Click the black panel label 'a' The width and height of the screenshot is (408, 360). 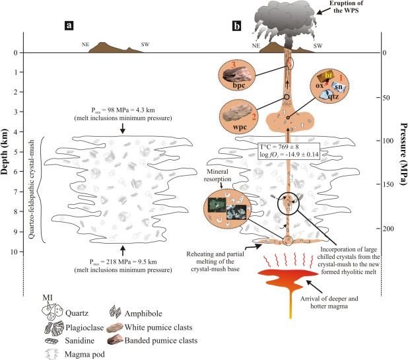coord(68,27)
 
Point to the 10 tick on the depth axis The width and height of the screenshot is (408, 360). coord(22,252)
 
